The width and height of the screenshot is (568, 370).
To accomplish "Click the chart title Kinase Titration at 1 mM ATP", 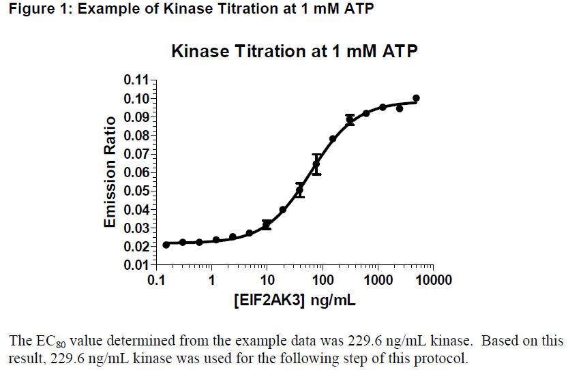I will click(294, 52).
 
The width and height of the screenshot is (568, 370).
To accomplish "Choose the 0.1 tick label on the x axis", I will click(157, 280).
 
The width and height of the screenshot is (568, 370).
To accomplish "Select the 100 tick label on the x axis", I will click(323, 280).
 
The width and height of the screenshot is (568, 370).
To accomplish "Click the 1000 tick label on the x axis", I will click(378, 280).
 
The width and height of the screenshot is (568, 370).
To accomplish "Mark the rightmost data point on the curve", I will click(416, 98).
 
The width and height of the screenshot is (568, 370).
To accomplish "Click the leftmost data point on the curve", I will click(166, 245).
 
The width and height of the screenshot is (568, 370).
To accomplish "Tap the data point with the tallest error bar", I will click(316, 164).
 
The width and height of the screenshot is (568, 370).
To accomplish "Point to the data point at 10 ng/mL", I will click(267, 224).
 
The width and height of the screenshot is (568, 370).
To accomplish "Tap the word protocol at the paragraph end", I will click(445, 357).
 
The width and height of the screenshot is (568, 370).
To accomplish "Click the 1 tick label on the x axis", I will click(212, 280).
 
